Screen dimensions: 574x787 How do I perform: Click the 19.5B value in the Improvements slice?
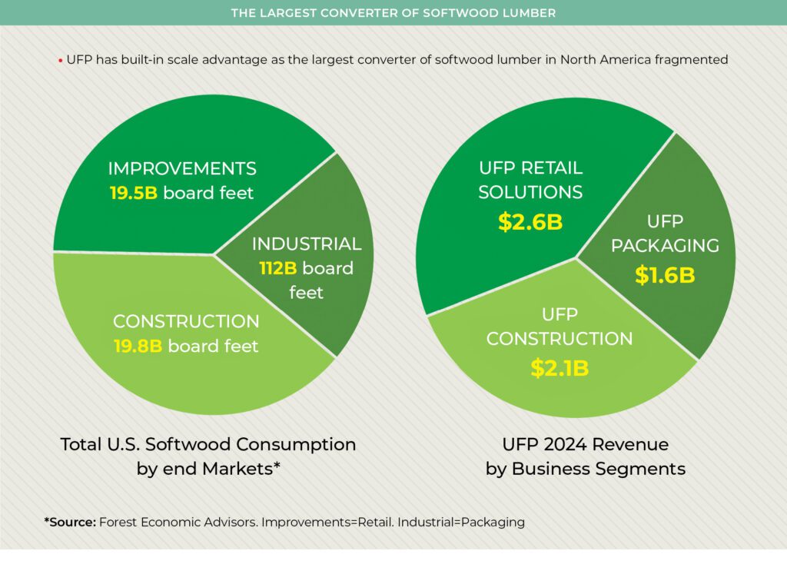[133, 193]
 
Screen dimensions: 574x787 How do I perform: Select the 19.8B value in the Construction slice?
[138, 346]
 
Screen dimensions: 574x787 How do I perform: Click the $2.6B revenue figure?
[530, 222]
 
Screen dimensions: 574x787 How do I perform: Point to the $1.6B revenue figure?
[664, 275]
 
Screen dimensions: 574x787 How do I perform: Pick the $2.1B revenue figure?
[560, 368]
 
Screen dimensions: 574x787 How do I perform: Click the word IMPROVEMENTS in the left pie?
[182, 168]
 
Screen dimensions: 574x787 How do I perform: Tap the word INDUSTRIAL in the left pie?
[307, 244]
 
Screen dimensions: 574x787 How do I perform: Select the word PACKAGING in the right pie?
[665, 246]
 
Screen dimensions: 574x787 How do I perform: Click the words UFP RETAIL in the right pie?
[530, 168]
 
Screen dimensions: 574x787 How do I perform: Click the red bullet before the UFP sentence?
[60, 60]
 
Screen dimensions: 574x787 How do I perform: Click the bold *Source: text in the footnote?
[70, 523]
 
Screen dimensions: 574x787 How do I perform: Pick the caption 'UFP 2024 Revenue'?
[585, 444]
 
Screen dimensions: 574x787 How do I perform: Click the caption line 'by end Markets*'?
[208, 469]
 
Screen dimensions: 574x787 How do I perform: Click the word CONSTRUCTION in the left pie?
[186, 321]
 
